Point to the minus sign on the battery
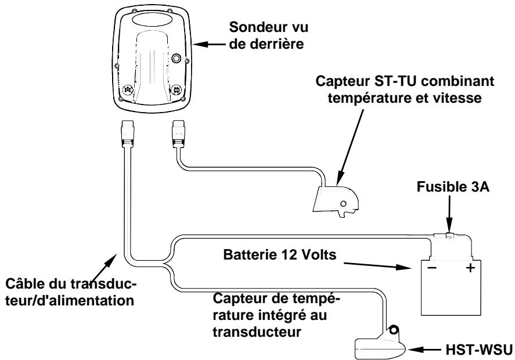pyautogui.click(x=430, y=270)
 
